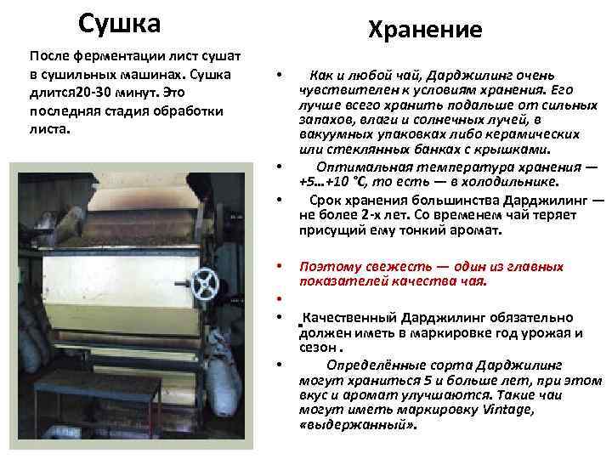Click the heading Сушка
click(x=118, y=23)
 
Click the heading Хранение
click(x=424, y=31)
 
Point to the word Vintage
click(x=510, y=411)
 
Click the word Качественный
click(x=350, y=316)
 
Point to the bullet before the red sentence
click(x=279, y=268)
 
